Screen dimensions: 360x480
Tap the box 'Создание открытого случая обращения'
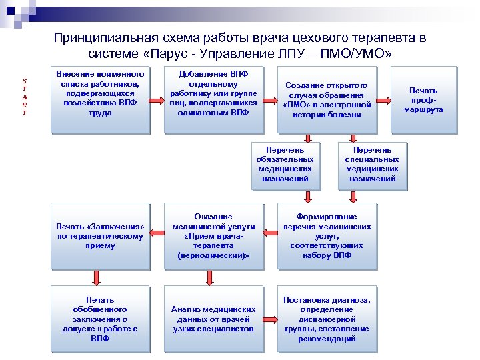(x=327, y=100)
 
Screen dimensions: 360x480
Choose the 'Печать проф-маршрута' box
(x=423, y=99)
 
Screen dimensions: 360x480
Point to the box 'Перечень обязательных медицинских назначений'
(x=285, y=164)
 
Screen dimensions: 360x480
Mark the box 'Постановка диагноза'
(x=327, y=319)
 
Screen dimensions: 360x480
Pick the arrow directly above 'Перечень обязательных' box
(x=307, y=138)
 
